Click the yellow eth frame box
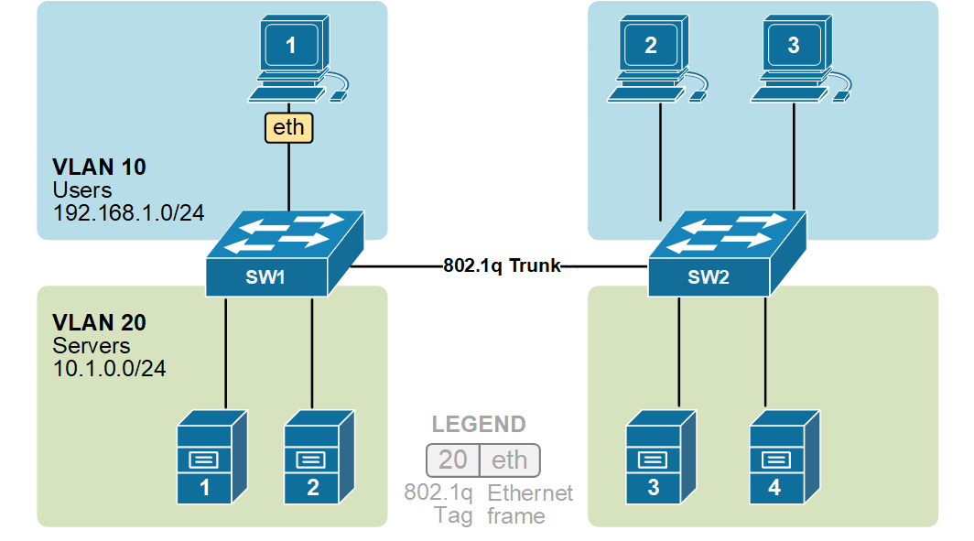[x=288, y=127]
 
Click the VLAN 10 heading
[x=99, y=168]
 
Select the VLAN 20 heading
[x=99, y=323]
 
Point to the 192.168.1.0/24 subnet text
[x=128, y=212]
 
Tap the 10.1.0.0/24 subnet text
[x=109, y=368]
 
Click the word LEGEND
[x=479, y=425]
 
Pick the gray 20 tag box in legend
[x=453, y=460]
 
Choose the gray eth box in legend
[x=510, y=460]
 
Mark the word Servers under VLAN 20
[x=92, y=346]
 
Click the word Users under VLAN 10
[x=82, y=190]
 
